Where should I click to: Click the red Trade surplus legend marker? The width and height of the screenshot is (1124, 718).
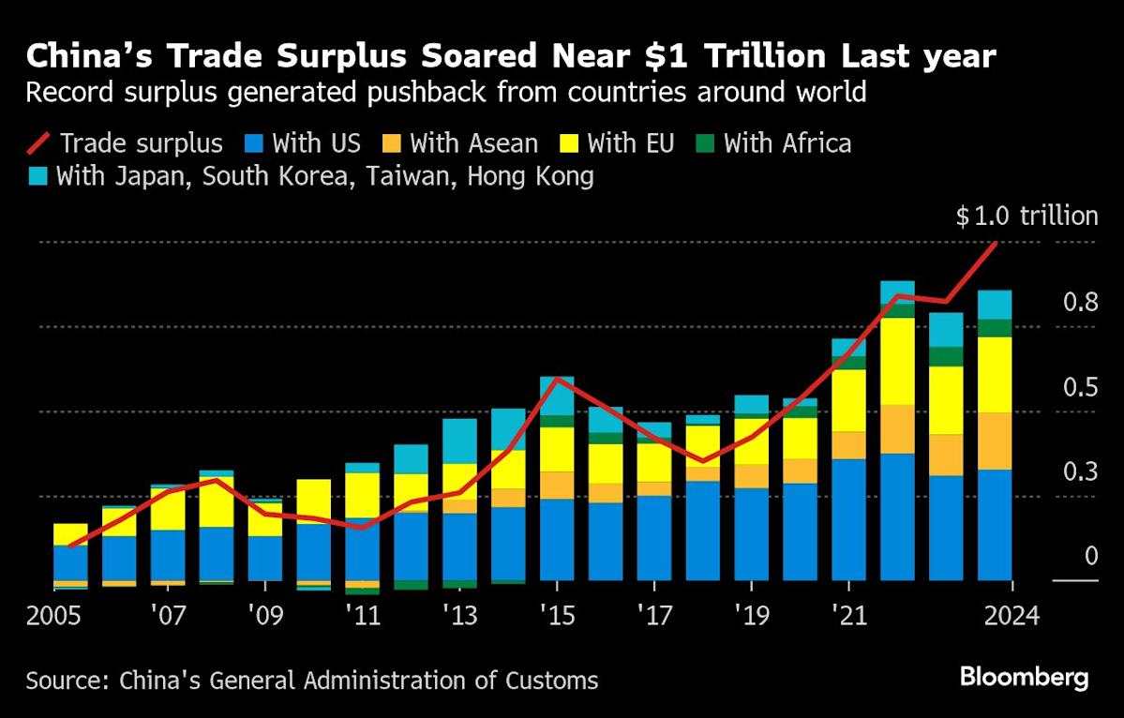click(38, 142)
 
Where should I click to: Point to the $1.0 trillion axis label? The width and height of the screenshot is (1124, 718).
click(1027, 217)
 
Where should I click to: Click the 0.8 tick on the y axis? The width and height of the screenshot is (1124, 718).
click(1078, 302)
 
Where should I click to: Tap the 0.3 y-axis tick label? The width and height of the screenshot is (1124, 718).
click(1078, 471)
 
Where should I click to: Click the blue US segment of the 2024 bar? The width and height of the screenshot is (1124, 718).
click(995, 525)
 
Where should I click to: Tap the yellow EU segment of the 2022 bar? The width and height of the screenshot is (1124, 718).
click(897, 361)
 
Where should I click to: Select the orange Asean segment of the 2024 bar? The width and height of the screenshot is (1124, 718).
click(995, 441)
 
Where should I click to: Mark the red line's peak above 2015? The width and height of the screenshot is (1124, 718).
click(557, 379)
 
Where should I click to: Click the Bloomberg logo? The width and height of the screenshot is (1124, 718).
click(1024, 678)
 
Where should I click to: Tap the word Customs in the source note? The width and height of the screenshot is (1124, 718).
click(553, 680)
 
